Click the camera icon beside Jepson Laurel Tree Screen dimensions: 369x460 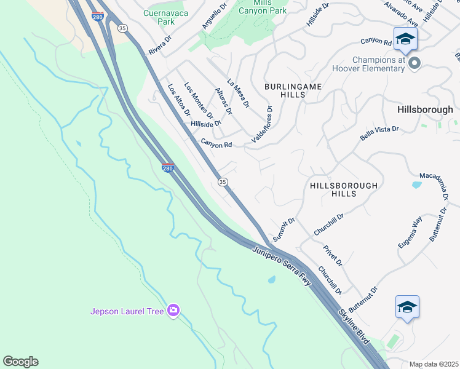(173, 311)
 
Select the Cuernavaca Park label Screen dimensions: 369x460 (158, 17)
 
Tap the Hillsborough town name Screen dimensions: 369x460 (425, 109)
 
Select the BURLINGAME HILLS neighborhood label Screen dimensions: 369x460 (293, 91)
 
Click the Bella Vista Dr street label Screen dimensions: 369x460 (379, 134)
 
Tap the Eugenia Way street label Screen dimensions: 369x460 (409, 232)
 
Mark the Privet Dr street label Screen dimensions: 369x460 (333, 255)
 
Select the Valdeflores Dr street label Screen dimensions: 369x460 (261, 125)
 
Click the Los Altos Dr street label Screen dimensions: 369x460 (178, 100)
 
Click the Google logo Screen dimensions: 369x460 (20, 362)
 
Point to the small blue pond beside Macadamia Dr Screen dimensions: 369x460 (416, 184)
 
